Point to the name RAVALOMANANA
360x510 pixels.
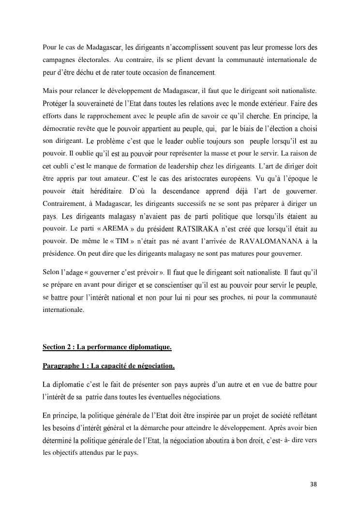[275, 241]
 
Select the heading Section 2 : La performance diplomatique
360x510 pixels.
[107, 347]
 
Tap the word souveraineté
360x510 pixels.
[103, 103]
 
